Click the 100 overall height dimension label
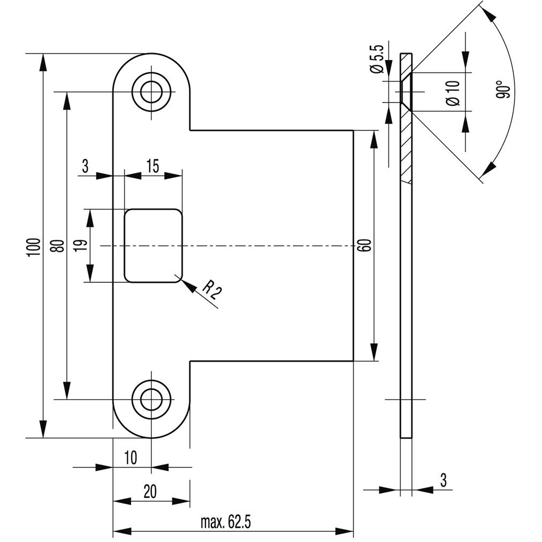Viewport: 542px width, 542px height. [34, 247]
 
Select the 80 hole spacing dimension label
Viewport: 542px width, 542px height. [59, 246]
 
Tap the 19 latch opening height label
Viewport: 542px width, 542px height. [81, 246]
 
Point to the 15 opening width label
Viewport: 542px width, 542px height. [152, 166]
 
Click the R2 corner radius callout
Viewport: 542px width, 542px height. [210, 289]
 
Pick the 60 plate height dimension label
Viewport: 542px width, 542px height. [365, 245]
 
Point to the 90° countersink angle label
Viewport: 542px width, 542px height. [503, 90]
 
